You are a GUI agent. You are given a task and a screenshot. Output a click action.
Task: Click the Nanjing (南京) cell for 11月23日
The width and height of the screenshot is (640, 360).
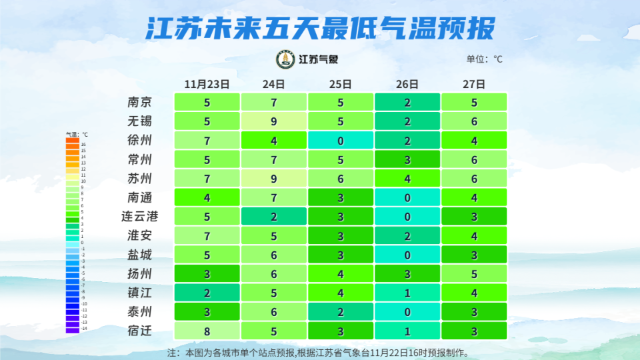point(207,103)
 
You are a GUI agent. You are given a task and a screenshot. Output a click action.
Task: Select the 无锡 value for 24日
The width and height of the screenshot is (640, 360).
point(273,121)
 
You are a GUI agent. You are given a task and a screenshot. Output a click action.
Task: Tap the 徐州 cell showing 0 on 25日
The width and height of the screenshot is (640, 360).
point(340,141)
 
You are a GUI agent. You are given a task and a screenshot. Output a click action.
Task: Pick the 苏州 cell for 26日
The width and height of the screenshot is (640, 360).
point(407,179)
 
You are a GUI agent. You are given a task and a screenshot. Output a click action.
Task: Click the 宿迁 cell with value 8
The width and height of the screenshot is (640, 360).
point(207,331)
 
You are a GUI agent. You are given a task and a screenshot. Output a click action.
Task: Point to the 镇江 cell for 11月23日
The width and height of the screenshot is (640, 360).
point(207,293)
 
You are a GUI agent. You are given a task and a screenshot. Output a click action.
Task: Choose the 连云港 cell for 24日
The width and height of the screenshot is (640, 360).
point(273,217)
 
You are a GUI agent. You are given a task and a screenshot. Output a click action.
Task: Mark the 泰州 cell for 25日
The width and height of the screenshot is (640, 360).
point(340,311)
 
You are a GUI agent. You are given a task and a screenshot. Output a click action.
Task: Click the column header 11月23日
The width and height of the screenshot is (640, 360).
point(207,84)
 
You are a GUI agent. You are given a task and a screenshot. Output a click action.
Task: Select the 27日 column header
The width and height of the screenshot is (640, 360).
point(473,84)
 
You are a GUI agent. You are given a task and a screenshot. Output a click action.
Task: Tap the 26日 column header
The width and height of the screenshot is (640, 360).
point(407,84)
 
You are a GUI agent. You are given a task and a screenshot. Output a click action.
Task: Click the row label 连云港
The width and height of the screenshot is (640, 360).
point(139,217)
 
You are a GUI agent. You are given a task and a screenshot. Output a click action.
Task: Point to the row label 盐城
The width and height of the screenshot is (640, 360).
point(139,255)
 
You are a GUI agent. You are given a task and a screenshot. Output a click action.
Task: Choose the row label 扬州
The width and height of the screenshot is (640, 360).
point(139,273)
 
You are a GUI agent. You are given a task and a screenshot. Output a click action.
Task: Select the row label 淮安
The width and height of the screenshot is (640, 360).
point(139,235)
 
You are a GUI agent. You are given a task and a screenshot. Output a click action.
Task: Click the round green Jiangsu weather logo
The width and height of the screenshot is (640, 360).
point(285,59)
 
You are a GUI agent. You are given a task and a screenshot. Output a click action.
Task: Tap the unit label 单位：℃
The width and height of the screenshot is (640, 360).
point(484,59)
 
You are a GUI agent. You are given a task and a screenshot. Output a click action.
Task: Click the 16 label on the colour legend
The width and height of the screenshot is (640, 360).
point(83,144)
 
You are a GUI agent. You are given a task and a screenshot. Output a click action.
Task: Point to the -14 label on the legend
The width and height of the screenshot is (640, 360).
point(83,329)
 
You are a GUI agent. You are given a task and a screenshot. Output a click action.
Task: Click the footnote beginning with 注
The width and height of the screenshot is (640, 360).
point(318,352)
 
